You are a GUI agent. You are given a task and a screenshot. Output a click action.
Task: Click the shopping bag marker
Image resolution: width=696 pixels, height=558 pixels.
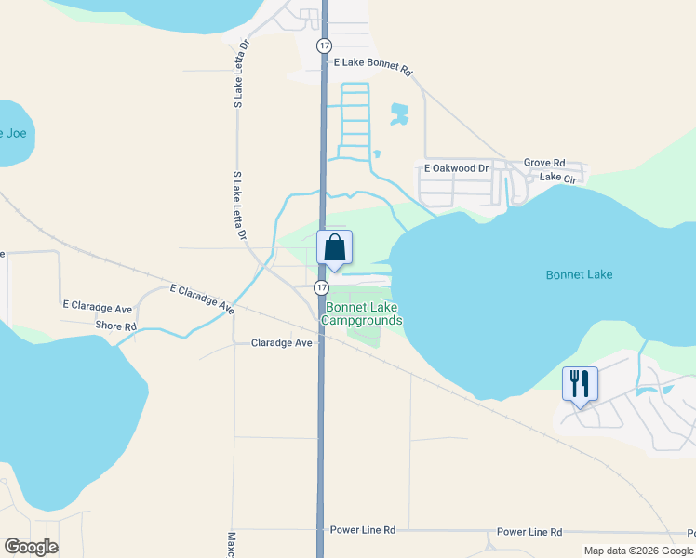tap(335, 249)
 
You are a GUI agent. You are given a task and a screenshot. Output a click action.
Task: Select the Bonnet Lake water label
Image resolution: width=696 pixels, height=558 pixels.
tap(579, 274)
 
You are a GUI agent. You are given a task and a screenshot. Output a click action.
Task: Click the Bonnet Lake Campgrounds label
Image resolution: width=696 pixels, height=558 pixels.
tap(362, 313)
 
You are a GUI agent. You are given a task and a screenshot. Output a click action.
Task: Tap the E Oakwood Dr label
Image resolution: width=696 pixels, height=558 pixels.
tap(456, 168)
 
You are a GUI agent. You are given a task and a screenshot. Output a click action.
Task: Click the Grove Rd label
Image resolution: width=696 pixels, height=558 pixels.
tap(544, 162)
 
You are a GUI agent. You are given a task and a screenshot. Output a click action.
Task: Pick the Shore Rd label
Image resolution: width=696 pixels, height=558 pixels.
tap(116, 326)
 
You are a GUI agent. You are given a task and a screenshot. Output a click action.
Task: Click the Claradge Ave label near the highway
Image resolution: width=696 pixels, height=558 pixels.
tap(282, 343)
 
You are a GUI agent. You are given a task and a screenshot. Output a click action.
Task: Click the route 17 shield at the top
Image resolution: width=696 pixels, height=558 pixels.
tap(323, 45)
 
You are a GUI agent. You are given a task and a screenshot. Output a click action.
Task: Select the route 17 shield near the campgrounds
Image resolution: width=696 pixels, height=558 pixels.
tap(319, 287)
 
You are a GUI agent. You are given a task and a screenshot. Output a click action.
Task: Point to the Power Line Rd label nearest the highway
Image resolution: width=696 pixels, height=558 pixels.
tap(363, 530)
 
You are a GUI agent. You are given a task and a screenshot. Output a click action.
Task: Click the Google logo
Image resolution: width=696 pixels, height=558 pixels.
tap(31, 547)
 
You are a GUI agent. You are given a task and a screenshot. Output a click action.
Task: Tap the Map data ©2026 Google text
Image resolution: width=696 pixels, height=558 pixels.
tap(638, 551)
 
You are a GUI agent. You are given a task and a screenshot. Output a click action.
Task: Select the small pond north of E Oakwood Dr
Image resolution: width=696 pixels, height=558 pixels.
tap(399, 114)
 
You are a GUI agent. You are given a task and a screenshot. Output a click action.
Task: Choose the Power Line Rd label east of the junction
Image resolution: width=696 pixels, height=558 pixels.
tap(529, 532)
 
